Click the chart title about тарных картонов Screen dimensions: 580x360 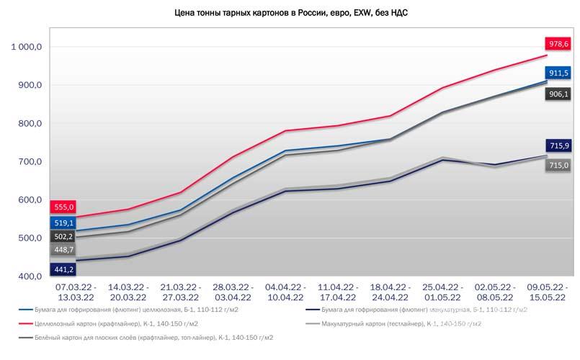[291, 13]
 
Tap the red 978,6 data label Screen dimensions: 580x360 [558, 44]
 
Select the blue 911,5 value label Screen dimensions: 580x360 [558, 73]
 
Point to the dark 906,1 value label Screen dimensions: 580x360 [558, 94]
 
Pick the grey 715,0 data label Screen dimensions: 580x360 [558, 165]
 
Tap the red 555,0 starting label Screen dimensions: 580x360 [63, 207]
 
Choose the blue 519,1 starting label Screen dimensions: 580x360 [63, 223]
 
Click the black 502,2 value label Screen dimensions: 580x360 [63, 237]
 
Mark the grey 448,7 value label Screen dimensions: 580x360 [63, 250]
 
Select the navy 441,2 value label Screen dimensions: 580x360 [63, 269]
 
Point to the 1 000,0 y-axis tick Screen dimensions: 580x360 [26, 47]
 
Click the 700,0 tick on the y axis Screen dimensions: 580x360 [30, 161]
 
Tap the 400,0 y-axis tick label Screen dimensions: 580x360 [30, 276]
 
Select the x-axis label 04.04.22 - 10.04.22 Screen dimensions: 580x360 [285, 292]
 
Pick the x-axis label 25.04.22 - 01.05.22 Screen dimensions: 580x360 [443, 292]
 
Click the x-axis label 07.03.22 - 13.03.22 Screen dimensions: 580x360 [76, 292]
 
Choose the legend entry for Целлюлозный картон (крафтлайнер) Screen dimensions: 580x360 [108, 324]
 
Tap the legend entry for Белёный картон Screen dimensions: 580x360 [146, 338]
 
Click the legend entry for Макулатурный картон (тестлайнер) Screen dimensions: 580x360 [394, 324]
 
